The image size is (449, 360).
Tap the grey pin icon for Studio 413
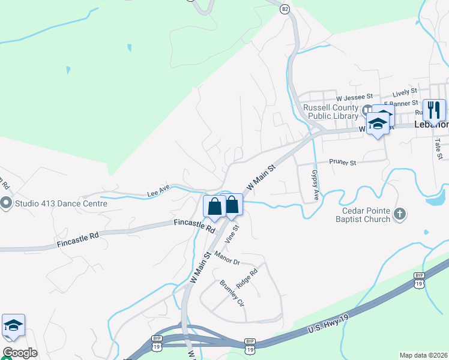(7, 203)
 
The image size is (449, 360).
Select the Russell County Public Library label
(331, 112)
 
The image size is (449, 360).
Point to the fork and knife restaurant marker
(434, 110)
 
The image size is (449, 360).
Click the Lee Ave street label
(158, 193)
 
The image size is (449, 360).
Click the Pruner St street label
(343, 162)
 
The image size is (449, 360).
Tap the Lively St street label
(405, 92)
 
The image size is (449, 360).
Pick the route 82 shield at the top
(285, 8)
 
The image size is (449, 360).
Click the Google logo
(20, 353)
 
